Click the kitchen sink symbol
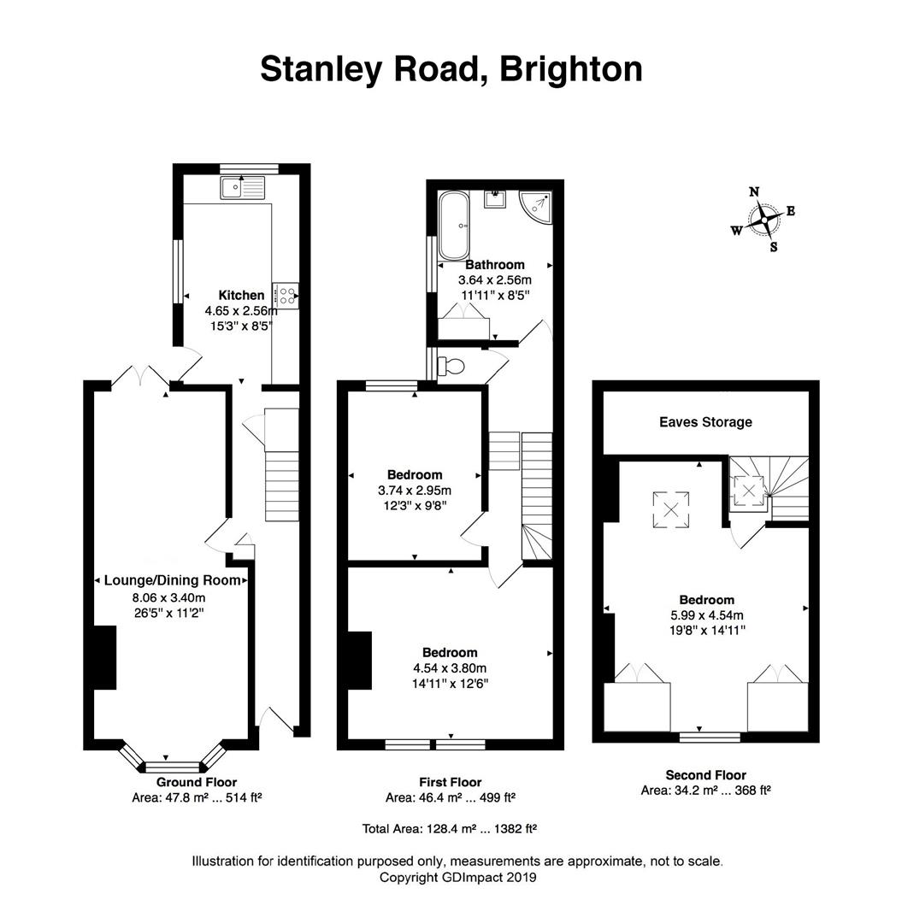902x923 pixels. click(243, 188)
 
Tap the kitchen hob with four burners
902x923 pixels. click(286, 296)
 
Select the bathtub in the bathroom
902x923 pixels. click(453, 225)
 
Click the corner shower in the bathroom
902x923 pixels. click(536, 206)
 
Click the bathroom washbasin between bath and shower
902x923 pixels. click(496, 199)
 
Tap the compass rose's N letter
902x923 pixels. click(753, 192)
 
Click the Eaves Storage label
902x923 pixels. click(705, 422)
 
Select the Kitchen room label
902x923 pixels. click(241, 296)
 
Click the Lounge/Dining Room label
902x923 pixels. click(173, 580)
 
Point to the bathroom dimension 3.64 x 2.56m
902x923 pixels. click(494, 280)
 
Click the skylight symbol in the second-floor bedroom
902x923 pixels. click(670, 509)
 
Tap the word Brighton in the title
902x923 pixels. click(570, 69)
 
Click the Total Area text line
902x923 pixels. click(450, 829)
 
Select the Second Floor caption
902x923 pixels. click(705, 775)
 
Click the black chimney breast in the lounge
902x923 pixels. click(105, 657)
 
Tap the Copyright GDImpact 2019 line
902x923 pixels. click(457, 877)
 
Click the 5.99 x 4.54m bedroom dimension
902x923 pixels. click(706, 615)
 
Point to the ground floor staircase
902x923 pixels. click(282, 465)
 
